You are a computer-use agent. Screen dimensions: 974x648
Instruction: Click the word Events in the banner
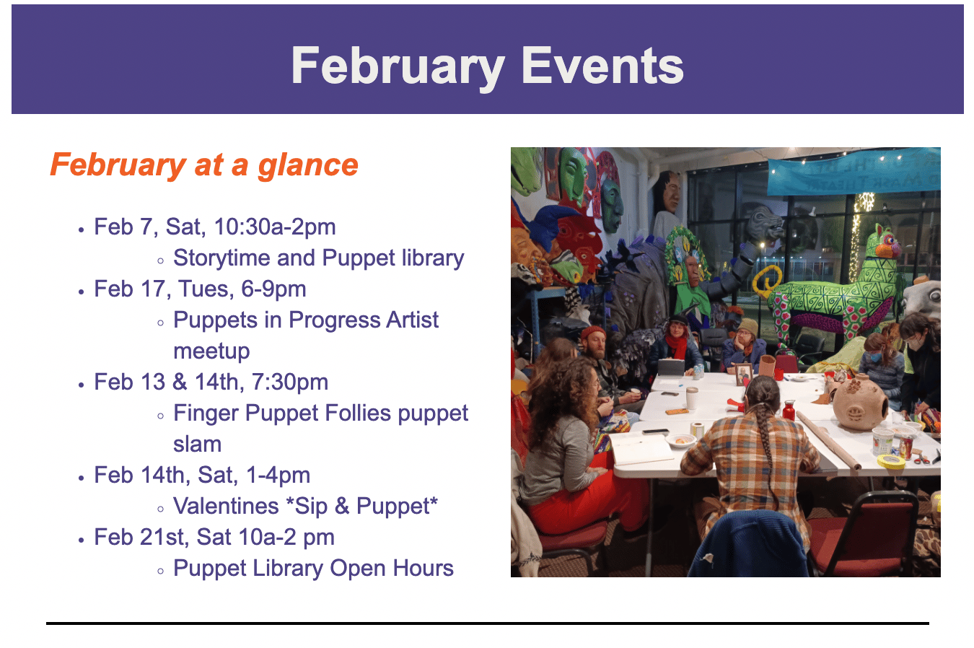click(602, 66)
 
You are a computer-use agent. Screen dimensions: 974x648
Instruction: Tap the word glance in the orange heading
click(308, 166)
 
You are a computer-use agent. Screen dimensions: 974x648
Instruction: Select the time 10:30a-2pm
click(275, 227)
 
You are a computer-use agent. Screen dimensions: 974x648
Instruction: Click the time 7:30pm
click(289, 382)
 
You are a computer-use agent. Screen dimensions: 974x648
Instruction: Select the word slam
click(198, 445)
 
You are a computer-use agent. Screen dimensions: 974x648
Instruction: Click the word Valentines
click(226, 507)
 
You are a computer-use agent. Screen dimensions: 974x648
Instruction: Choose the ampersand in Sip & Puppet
click(342, 507)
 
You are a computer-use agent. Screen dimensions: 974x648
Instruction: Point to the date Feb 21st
click(139, 537)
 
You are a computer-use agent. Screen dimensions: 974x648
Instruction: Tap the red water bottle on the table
click(789, 411)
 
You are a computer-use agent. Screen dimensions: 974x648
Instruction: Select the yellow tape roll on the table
click(891, 461)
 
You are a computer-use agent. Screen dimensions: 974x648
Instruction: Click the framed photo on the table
click(744, 375)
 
